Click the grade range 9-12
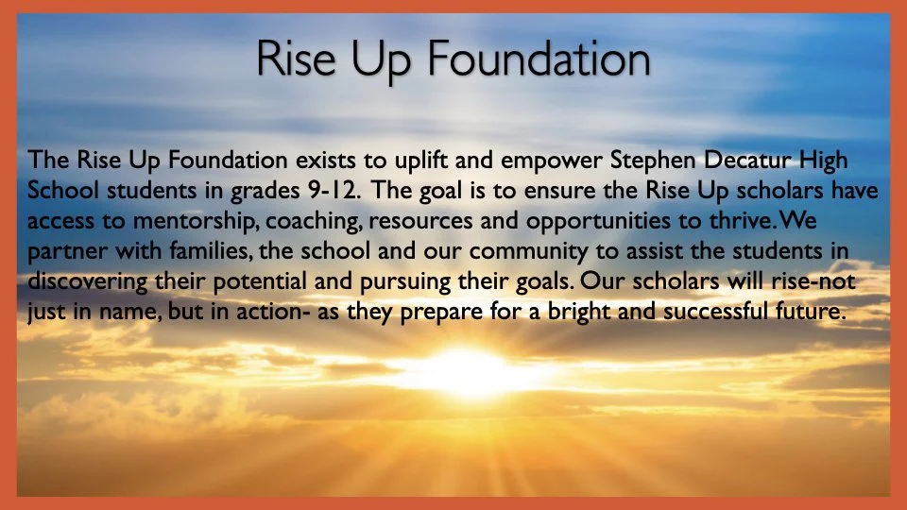point(333,191)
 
